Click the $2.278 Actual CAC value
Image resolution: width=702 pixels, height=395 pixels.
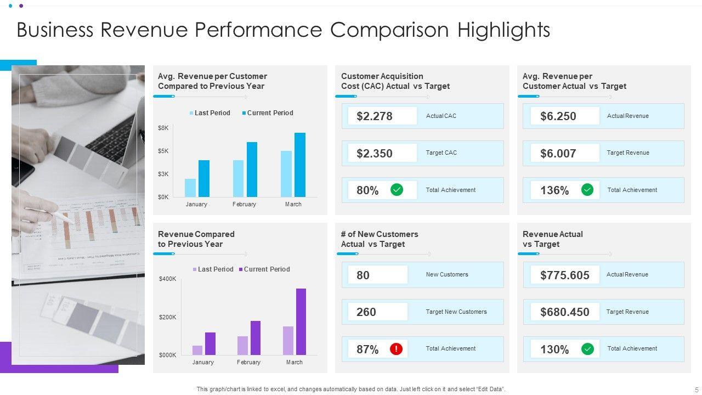click(375, 116)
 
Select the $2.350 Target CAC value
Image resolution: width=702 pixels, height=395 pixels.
click(375, 154)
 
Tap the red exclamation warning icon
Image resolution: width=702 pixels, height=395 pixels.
click(397, 349)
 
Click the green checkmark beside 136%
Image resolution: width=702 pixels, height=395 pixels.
click(587, 190)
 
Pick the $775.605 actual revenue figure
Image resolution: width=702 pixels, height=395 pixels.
click(565, 275)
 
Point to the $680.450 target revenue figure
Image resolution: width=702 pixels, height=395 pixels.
click(565, 312)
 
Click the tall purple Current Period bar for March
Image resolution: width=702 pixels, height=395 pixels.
click(301, 321)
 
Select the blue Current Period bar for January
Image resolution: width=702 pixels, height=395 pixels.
click(204, 178)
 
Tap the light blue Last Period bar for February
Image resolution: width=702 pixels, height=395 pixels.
click(238, 178)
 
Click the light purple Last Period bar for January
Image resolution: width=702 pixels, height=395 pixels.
click(197, 350)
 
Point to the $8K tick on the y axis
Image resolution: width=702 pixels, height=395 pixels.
click(163, 128)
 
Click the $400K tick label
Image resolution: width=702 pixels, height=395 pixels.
click(168, 279)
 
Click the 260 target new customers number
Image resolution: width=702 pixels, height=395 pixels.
click(366, 312)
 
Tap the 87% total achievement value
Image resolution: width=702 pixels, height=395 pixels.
click(367, 349)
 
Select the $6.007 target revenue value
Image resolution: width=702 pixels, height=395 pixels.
click(558, 154)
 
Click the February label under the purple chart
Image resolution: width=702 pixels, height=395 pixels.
click(248, 362)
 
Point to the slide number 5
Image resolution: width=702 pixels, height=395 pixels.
click(697, 390)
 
